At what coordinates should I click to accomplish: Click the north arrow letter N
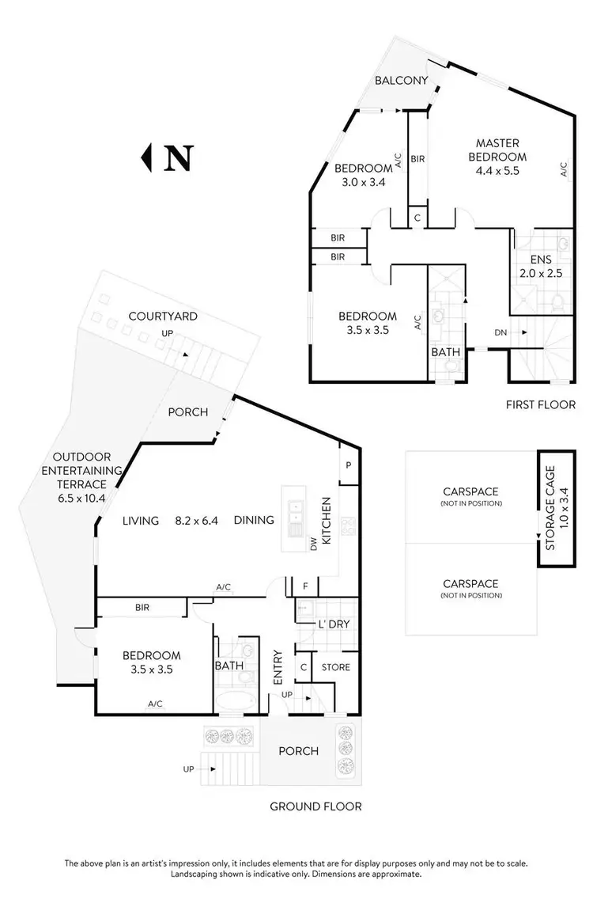coord(178,158)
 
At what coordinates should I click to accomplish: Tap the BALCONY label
coord(402,81)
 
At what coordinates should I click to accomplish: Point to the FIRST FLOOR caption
coord(540,404)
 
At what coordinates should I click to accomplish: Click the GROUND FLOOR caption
coord(315,806)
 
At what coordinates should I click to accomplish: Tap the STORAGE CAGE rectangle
coord(549,508)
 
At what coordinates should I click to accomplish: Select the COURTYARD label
coord(163,317)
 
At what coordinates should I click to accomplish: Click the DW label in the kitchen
coord(314,545)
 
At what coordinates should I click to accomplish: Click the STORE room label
coord(335,667)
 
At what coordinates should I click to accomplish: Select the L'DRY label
coord(334,624)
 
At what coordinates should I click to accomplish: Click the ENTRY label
coord(278,667)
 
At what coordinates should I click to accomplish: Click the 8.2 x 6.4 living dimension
coord(198,520)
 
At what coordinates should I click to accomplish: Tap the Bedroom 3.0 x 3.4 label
coord(363,175)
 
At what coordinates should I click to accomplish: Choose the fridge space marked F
coord(305,587)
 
